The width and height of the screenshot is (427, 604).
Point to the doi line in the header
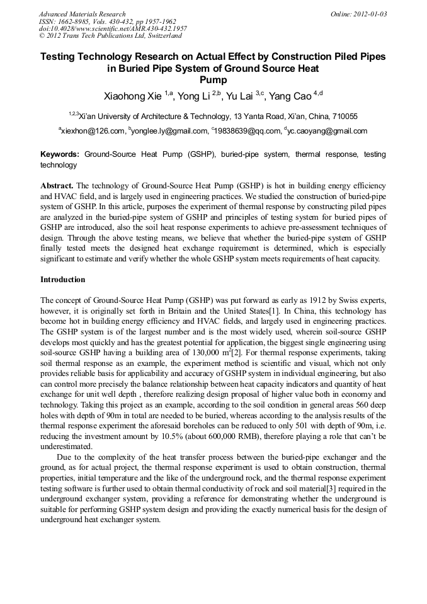point(113,29)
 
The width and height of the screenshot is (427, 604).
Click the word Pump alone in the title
point(213,80)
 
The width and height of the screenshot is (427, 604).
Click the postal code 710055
point(344,117)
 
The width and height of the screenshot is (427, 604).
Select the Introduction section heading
point(62,279)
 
